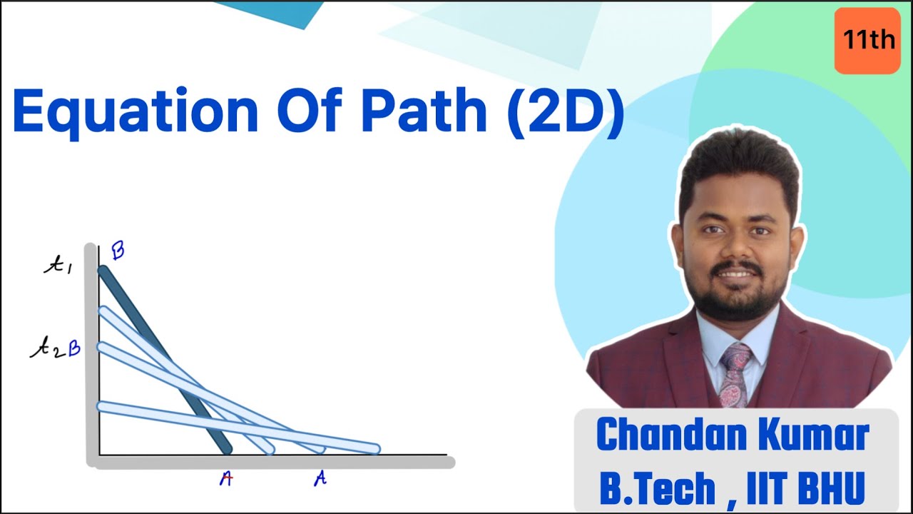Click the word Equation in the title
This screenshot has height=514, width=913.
136,113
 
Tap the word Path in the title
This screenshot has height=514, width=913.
424,111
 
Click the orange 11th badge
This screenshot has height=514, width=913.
867,40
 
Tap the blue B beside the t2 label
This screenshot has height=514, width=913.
73,349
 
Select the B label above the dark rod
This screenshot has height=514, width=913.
118,251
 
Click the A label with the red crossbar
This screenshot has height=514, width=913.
226,478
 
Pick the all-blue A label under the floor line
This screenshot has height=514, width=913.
320,478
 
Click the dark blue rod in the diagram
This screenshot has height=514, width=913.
164,360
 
